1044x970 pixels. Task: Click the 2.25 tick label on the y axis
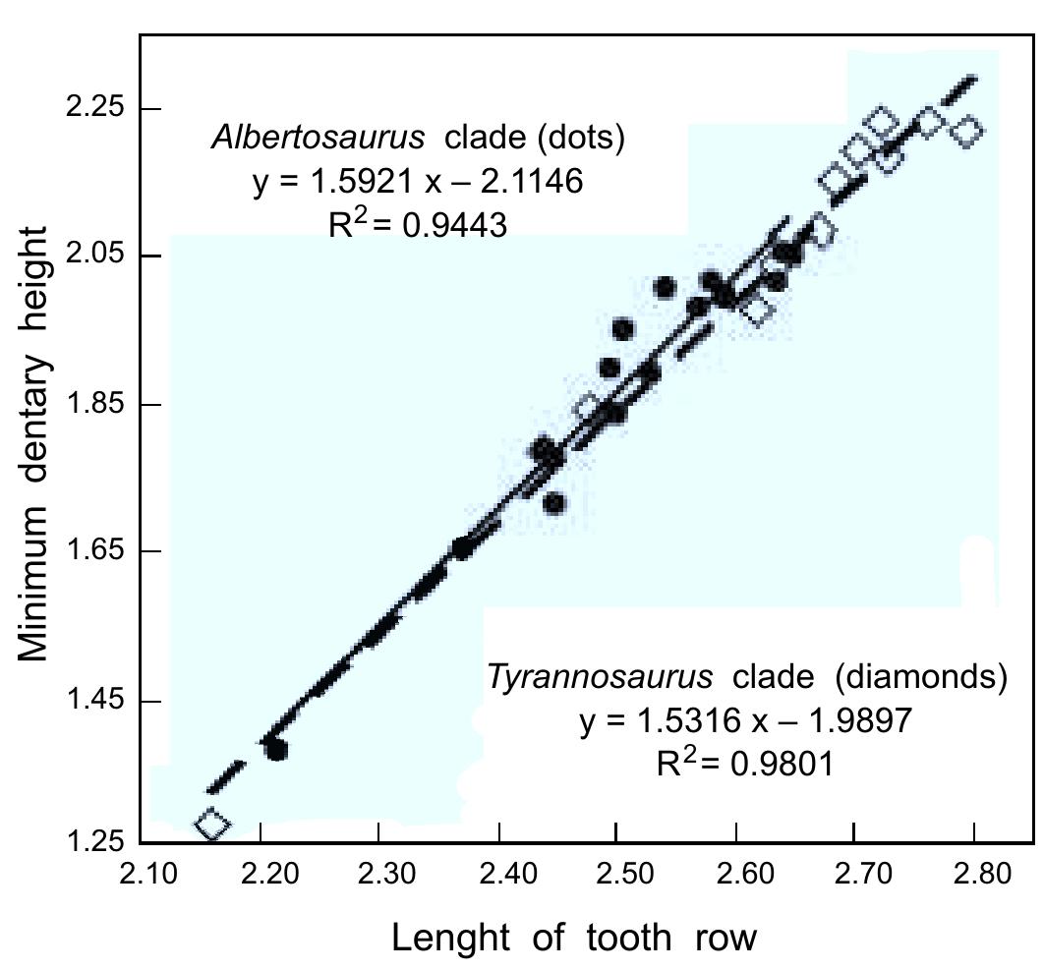[x=91, y=108]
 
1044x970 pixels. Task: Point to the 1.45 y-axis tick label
[x=91, y=701]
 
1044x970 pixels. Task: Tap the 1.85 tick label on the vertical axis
[x=91, y=405]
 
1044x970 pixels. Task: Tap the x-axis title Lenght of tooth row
[x=574, y=939]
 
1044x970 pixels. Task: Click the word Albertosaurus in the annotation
[x=319, y=138]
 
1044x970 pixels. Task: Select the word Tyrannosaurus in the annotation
[x=600, y=678]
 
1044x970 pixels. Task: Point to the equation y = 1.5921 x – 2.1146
[x=418, y=182]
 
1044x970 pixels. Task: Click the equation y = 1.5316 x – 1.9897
[x=745, y=720]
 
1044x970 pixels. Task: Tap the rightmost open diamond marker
[x=968, y=130]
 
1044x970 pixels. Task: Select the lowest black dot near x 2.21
[x=276, y=750]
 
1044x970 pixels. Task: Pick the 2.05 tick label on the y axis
[x=91, y=256]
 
